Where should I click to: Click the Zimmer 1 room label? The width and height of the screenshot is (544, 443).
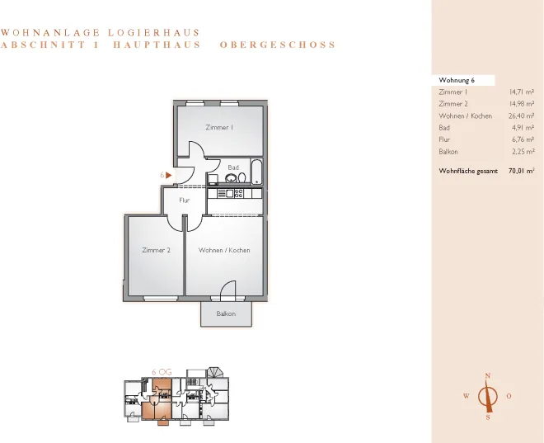click(x=219, y=127)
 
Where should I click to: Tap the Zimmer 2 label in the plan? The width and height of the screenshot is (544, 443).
click(x=156, y=250)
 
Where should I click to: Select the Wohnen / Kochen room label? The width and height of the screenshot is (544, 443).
click(x=224, y=250)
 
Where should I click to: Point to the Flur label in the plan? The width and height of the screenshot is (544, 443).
click(x=185, y=200)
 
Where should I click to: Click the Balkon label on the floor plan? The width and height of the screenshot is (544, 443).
click(x=226, y=313)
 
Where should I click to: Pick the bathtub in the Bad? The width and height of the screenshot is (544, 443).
click(x=256, y=172)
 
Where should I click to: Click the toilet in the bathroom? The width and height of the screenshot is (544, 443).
click(x=242, y=177)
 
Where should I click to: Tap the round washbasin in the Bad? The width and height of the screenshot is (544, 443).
click(x=231, y=178)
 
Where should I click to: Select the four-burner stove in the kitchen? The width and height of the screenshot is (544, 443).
click(x=239, y=193)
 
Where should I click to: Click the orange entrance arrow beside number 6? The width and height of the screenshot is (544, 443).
click(x=169, y=176)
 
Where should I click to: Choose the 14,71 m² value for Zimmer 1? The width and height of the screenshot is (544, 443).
click(x=522, y=92)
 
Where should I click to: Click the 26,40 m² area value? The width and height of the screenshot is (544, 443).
click(x=522, y=116)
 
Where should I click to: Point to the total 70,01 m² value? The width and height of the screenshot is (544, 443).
click(x=521, y=171)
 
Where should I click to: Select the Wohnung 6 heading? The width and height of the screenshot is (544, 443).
click(x=457, y=80)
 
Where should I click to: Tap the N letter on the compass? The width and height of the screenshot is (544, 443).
click(x=488, y=375)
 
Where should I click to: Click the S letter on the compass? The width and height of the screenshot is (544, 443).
click(x=488, y=417)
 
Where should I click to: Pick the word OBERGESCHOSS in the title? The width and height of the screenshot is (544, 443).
click(x=278, y=45)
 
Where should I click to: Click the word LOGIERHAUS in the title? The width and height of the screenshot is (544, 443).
click(x=153, y=33)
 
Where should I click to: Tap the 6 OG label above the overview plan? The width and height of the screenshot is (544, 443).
click(x=162, y=372)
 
